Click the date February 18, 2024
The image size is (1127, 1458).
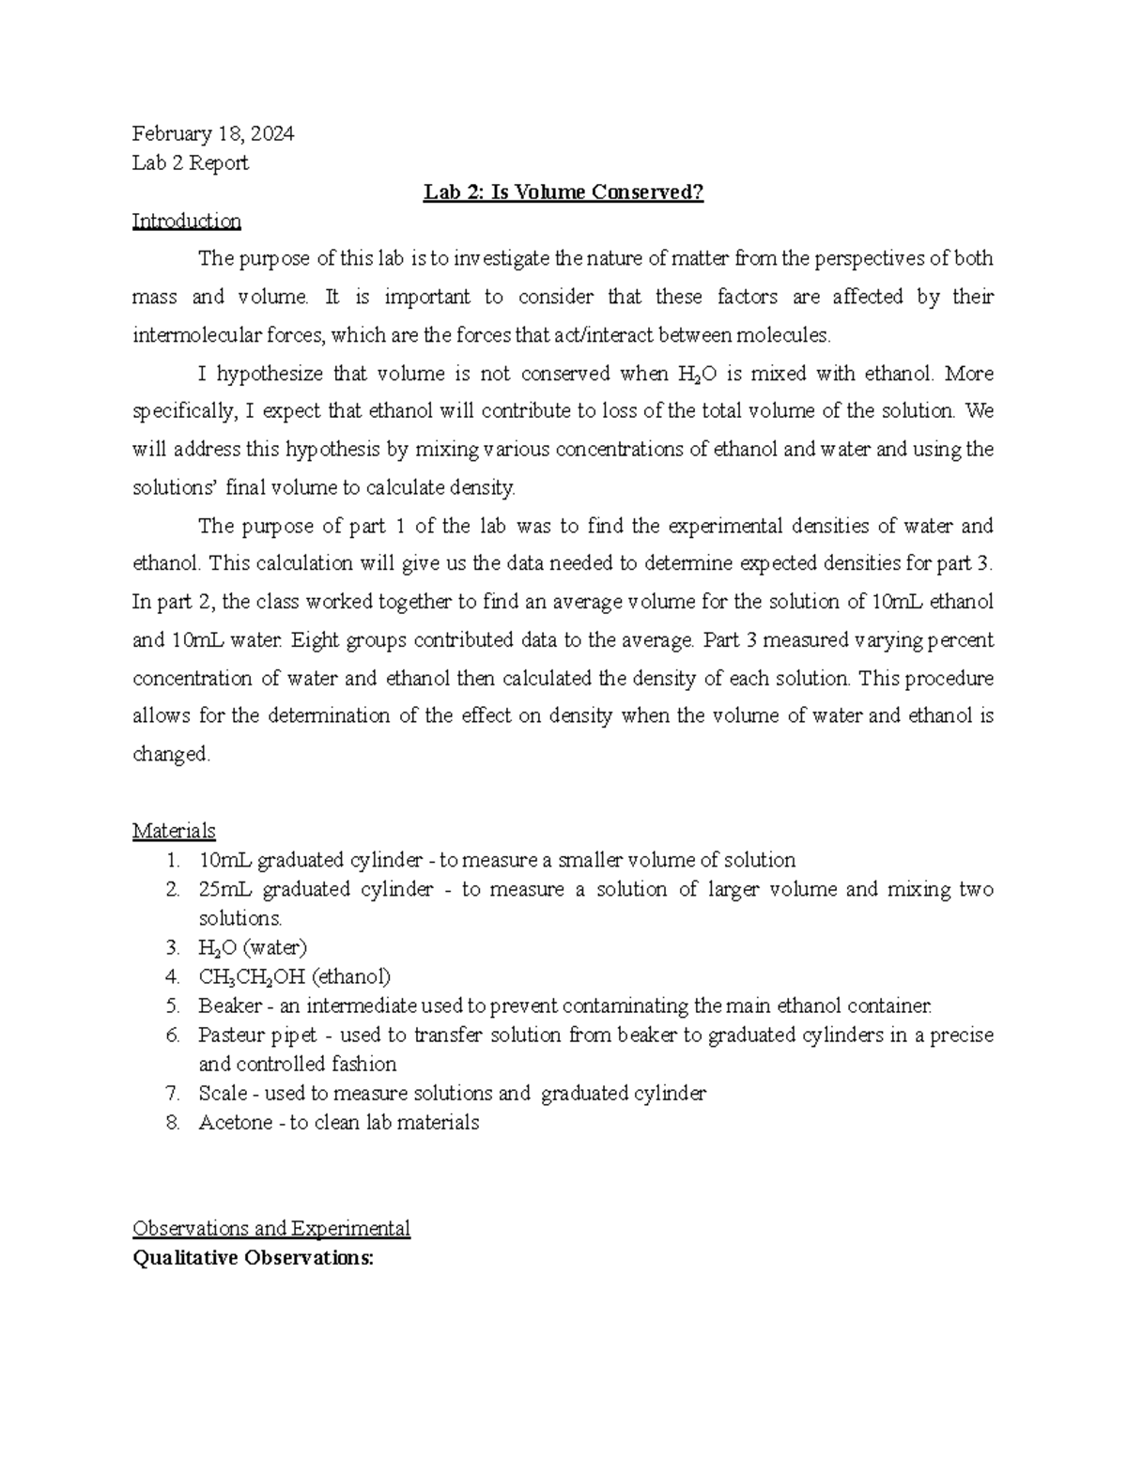click(213, 133)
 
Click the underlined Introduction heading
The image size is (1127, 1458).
click(186, 221)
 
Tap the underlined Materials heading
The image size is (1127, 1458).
click(174, 831)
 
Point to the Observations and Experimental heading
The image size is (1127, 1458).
click(271, 1229)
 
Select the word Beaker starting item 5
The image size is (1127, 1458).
click(230, 1006)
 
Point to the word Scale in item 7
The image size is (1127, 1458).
click(223, 1094)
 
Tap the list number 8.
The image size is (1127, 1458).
click(172, 1123)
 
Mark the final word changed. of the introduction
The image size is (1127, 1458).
click(171, 755)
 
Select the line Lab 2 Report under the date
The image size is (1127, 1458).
click(191, 163)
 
